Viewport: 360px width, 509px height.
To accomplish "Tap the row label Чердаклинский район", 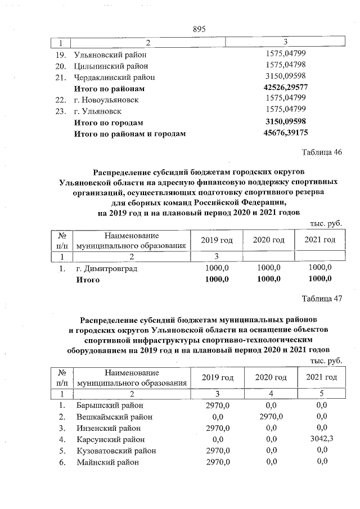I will [115, 77].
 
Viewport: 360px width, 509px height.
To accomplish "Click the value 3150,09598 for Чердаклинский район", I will [285, 77].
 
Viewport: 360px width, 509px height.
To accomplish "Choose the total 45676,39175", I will [285, 133].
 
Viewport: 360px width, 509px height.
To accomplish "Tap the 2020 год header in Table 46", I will [268, 240].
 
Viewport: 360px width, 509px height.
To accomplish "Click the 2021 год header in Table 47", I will [321, 377].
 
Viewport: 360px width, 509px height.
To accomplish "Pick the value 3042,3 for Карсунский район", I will [321, 439].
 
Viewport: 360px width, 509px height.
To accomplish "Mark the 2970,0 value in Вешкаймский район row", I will [271, 417].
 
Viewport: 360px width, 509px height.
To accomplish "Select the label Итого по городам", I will [109, 122].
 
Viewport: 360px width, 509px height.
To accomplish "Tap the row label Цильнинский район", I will [111, 66].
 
